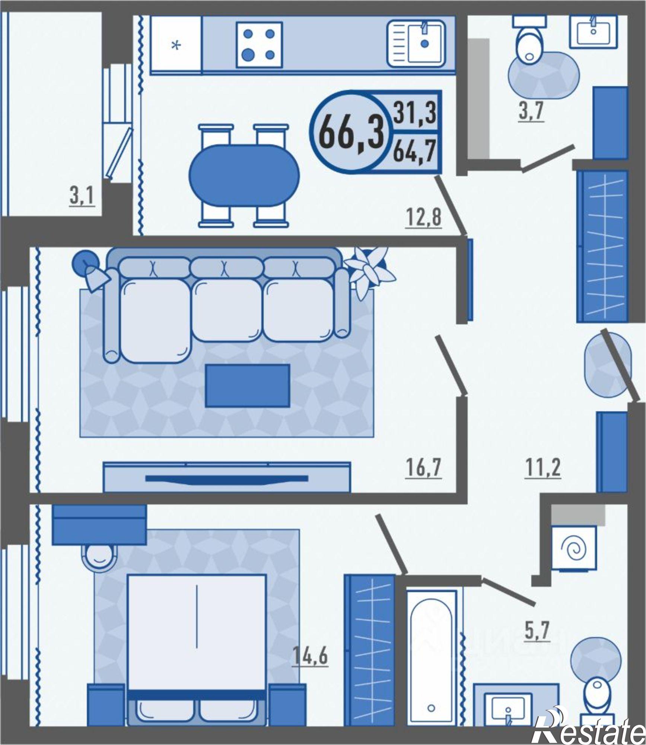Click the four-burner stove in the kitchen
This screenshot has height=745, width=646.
pyautogui.click(x=260, y=45)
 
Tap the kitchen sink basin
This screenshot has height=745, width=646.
pyautogui.click(x=416, y=44)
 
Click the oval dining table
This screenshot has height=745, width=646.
pyautogui.click(x=244, y=175)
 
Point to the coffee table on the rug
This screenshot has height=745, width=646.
pyautogui.click(x=247, y=385)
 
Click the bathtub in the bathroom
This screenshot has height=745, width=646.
pyautogui.click(x=432, y=653)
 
